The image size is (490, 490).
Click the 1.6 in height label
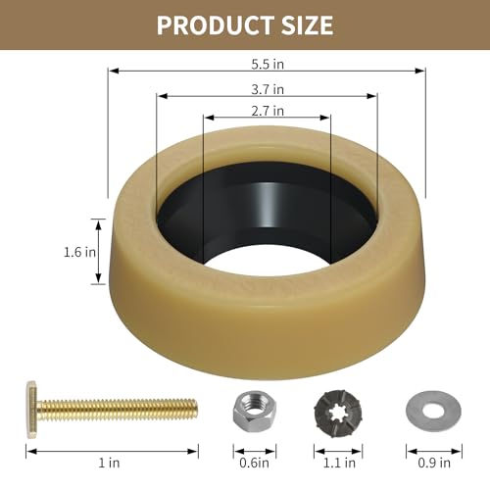pos(81,251)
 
